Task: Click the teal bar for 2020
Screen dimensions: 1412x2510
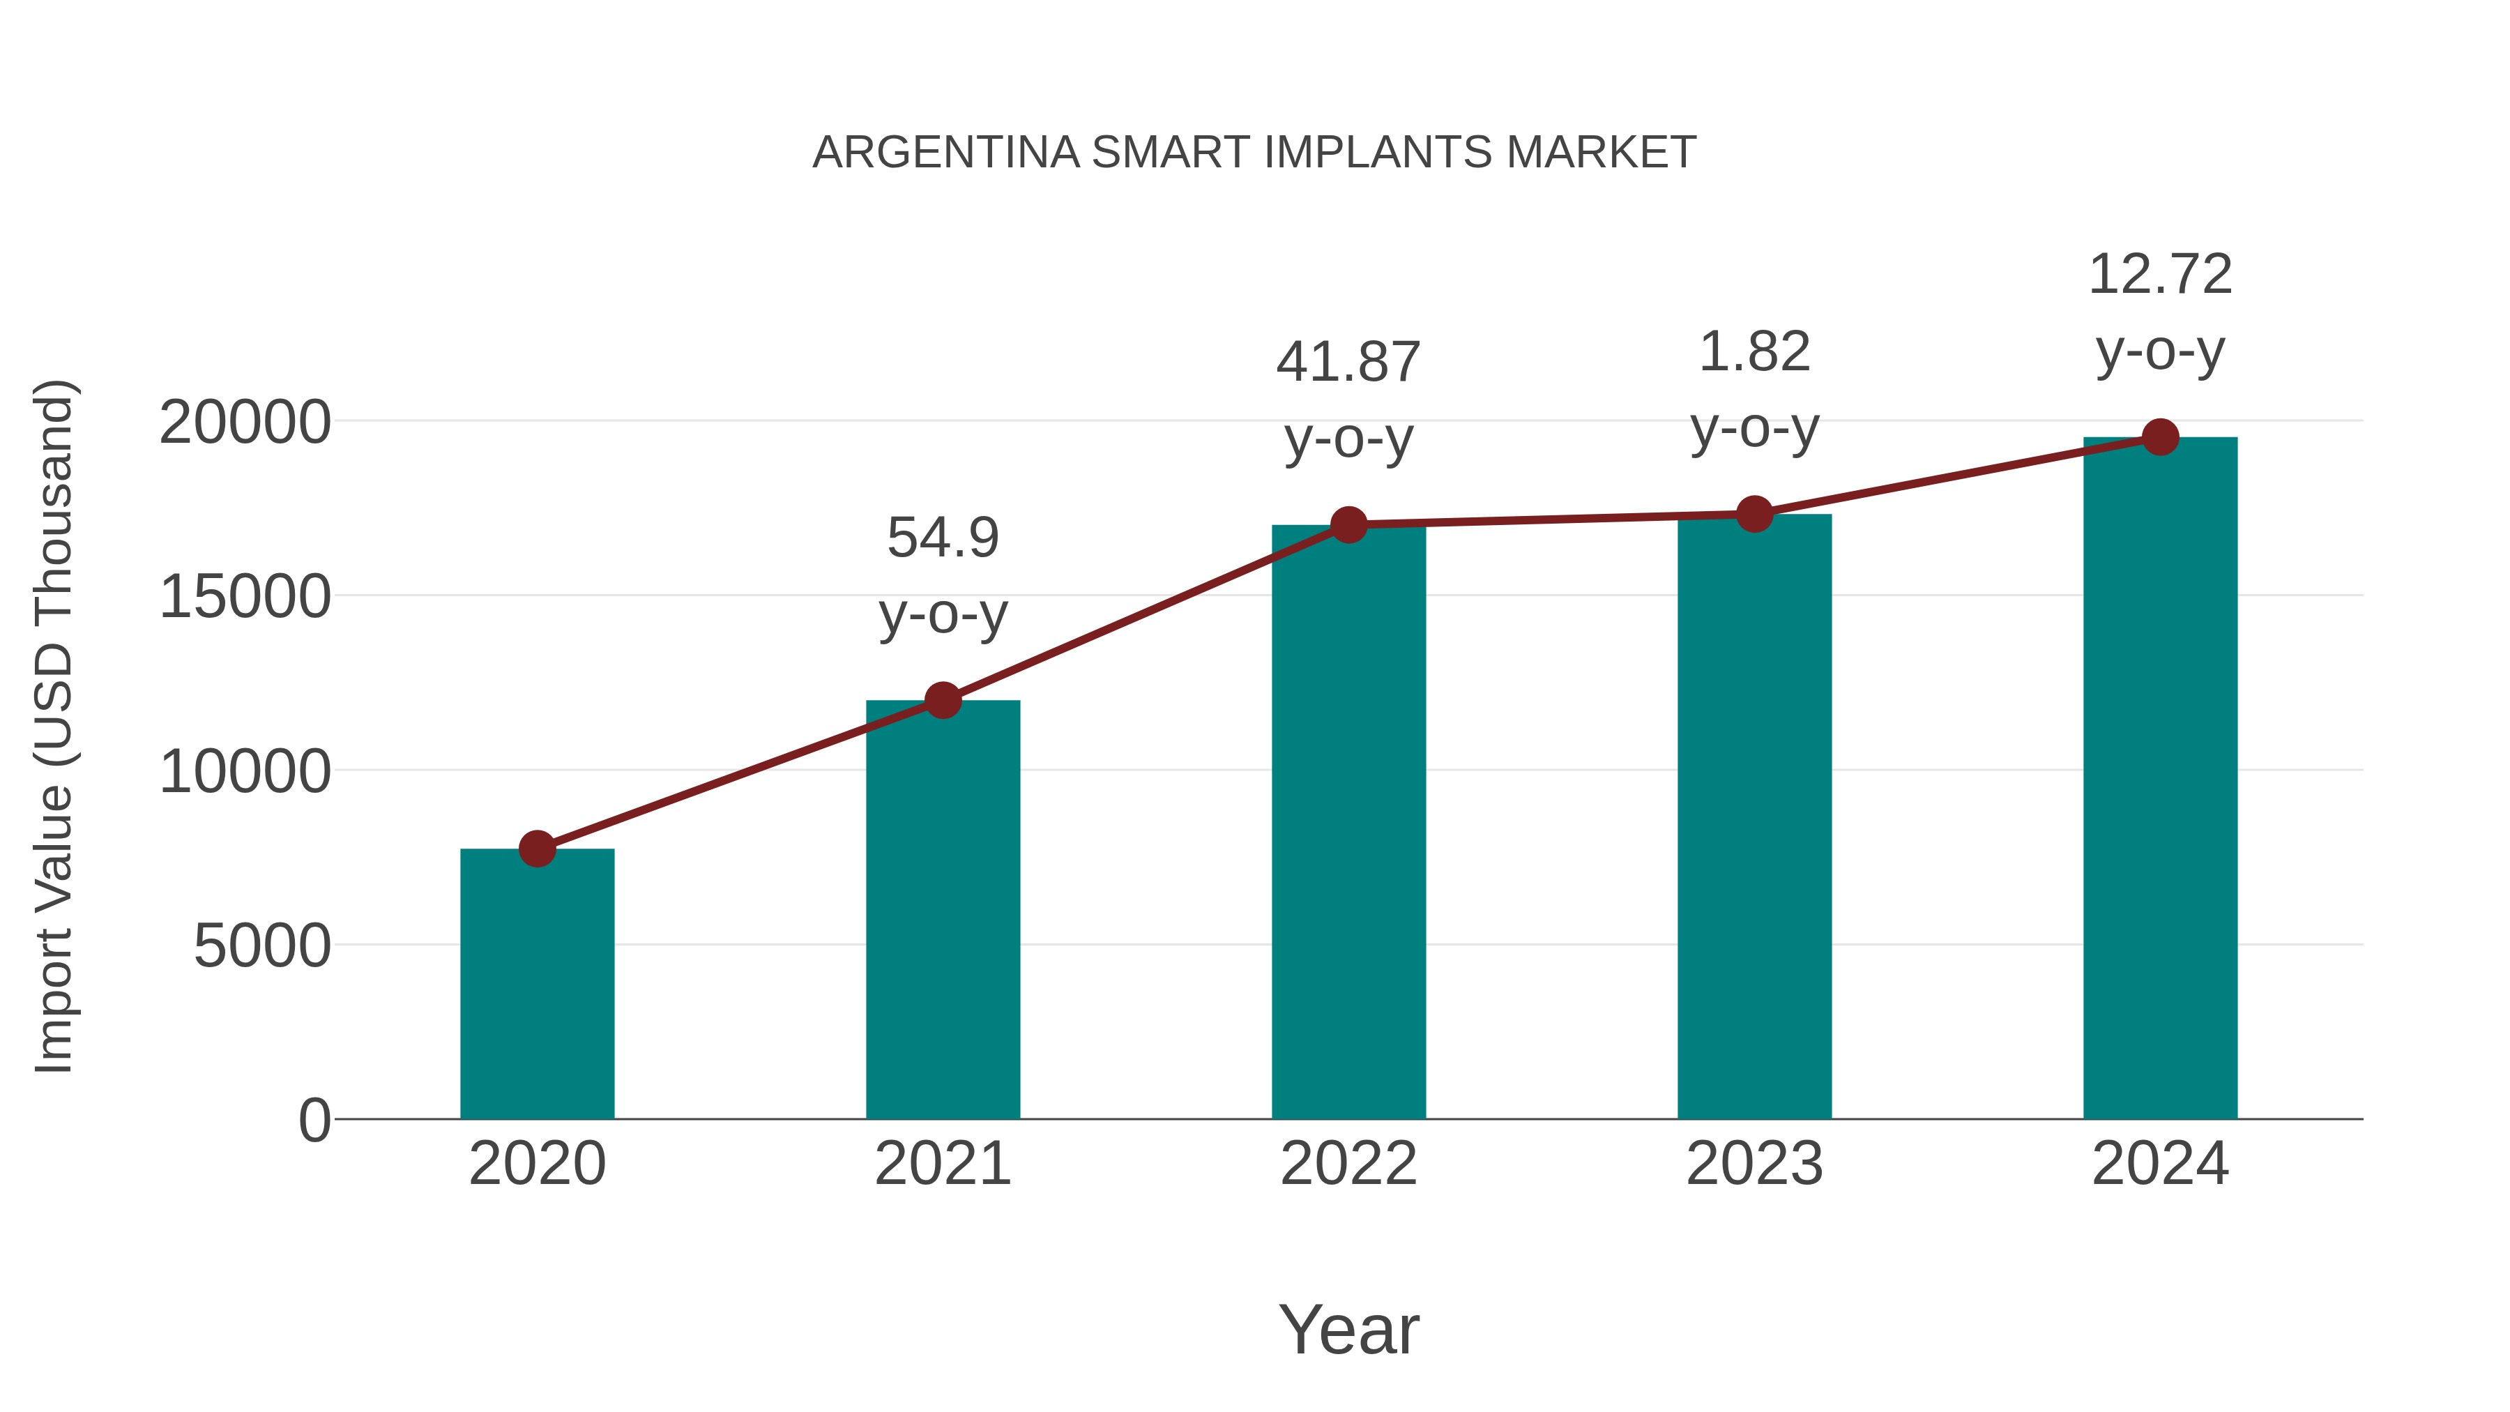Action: [537, 984]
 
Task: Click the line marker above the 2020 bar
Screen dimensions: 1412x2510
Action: [537, 849]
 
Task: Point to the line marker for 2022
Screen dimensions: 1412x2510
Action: [1348, 525]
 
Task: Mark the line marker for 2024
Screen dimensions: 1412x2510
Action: [2160, 437]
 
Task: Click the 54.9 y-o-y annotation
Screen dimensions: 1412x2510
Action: [942, 575]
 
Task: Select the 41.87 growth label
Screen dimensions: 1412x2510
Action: [1348, 400]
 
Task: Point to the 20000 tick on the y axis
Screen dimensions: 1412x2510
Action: [245, 423]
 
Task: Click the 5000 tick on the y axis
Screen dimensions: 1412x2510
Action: [262, 946]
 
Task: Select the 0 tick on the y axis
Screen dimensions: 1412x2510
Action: [314, 1120]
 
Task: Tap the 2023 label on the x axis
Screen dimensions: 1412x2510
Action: [1754, 1164]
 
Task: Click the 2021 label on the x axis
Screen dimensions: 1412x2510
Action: [942, 1164]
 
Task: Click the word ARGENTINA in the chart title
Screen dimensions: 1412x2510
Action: [946, 153]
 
